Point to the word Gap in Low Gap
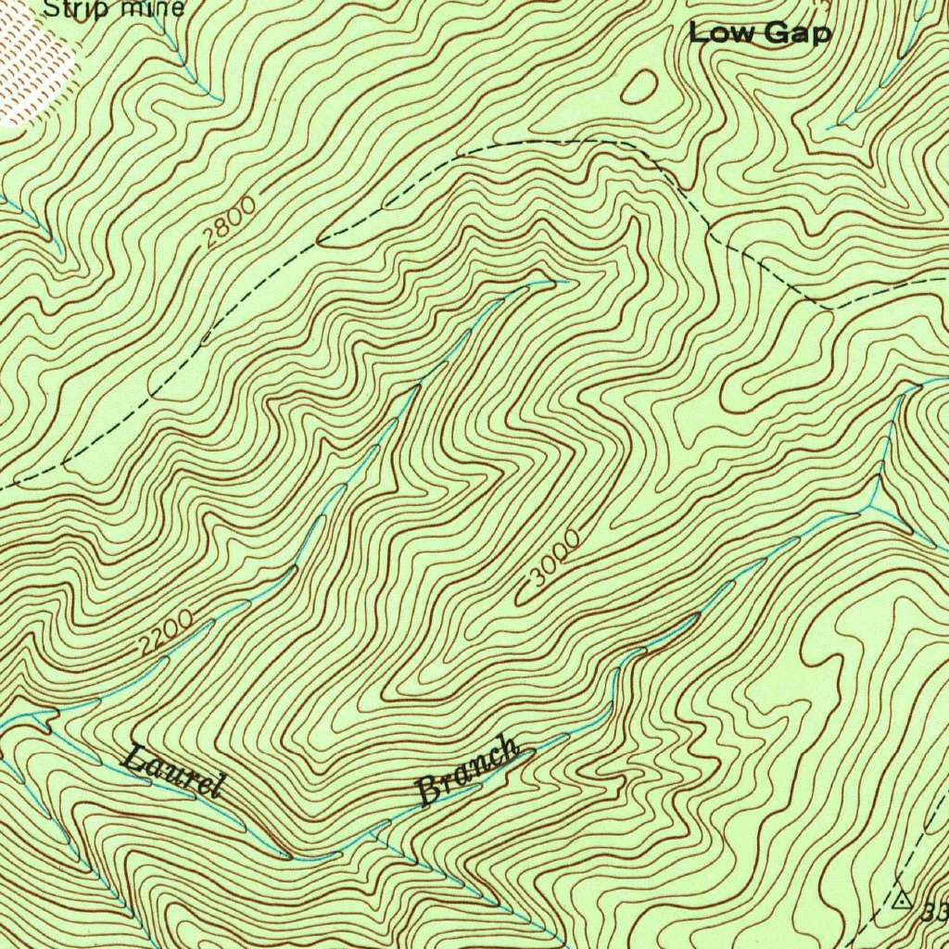click(x=797, y=34)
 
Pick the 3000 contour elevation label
click(x=554, y=560)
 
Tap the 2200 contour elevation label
click(x=167, y=634)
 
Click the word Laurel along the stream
click(x=174, y=770)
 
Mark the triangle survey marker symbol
click(x=903, y=899)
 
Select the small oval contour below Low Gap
click(x=639, y=87)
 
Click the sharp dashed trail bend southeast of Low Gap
click(x=829, y=307)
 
